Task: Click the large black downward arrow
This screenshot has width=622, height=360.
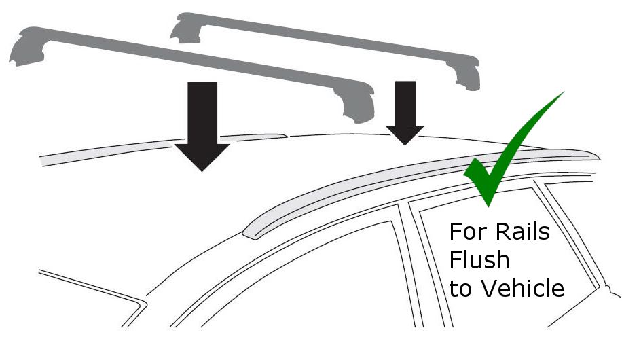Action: (202, 123)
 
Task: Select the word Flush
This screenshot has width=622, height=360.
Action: (479, 260)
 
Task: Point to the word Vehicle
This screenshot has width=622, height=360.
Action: (523, 288)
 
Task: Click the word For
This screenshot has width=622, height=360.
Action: (467, 232)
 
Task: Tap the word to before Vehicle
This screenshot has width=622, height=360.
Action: (462, 289)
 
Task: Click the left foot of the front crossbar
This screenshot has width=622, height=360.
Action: (28, 47)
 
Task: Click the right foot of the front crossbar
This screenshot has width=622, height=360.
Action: (357, 104)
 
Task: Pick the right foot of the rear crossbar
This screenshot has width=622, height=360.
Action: (465, 74)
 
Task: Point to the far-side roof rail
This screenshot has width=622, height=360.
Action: (163, 148)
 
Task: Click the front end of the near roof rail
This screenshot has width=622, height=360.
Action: (249, 234)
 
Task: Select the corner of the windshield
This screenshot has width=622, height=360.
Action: (142, 304)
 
